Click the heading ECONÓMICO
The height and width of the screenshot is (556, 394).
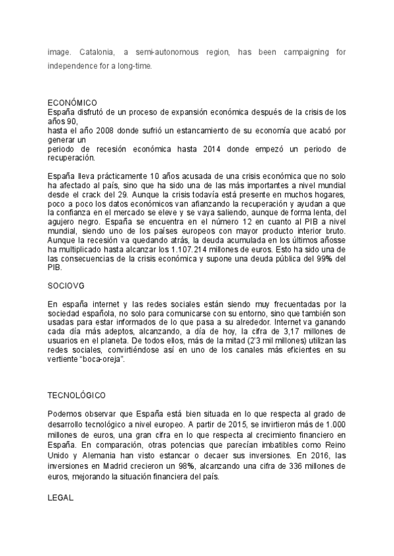[72, 102]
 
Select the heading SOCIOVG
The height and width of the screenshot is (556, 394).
[66, 286]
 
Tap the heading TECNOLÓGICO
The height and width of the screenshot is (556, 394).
[76, 396]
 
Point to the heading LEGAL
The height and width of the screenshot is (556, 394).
[61, 498]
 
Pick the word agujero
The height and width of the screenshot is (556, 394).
[63, 213]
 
